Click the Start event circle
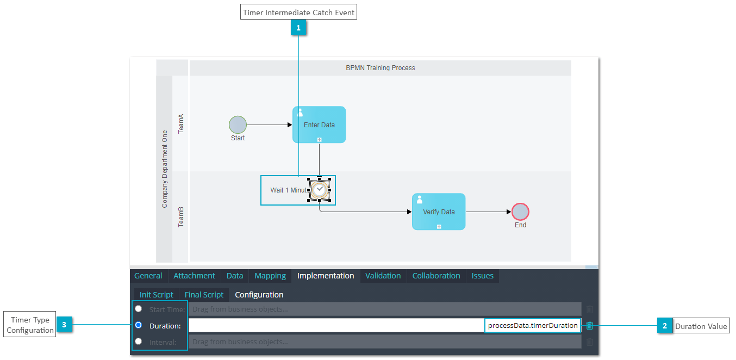coord(238,125)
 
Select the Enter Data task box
coord(319,125)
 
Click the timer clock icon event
coord(320,190)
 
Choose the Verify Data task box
coord(439,212)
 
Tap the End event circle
coord(520,212)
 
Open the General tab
coord(148,276)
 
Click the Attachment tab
coord(194,276)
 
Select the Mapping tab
coord(270,276)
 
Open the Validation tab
coord(383,276)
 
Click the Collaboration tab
coord(436,276)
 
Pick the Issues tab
coord(482,276)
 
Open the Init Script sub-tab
coord(156,295)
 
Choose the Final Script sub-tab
coord(204,295)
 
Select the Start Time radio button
coord(139,309)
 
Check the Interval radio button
coord(139,342)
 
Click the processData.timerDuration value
coord(533,326)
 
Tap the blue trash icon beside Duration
coord(590,326)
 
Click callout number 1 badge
coord(298,28)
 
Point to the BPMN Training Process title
coord(381,68)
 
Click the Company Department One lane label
coord(165,169)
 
